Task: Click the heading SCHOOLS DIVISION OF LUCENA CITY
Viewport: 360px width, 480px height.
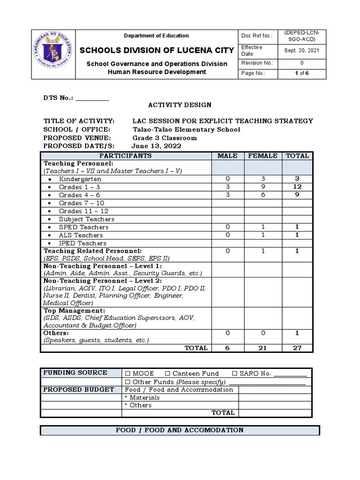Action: (156, 50)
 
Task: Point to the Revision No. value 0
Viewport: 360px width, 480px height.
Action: (301, 63)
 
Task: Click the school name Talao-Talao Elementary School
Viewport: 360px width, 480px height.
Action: (186, 129)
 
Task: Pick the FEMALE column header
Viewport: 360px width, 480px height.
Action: (263, 156)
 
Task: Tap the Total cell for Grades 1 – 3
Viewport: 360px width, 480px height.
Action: (297, 187)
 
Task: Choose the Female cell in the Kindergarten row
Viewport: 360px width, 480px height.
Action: (263, 179)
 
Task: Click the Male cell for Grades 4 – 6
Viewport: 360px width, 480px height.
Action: (228, 195)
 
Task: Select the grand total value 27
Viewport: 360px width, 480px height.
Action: (297, 348)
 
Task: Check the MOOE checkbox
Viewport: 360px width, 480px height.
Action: (127, 374)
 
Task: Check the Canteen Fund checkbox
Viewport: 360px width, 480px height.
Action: (167, 374)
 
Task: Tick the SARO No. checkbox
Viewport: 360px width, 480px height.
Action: (235, 374)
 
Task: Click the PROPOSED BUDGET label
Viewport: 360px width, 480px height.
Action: (79, 390)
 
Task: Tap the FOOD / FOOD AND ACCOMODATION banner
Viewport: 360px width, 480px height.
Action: (180, 430)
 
